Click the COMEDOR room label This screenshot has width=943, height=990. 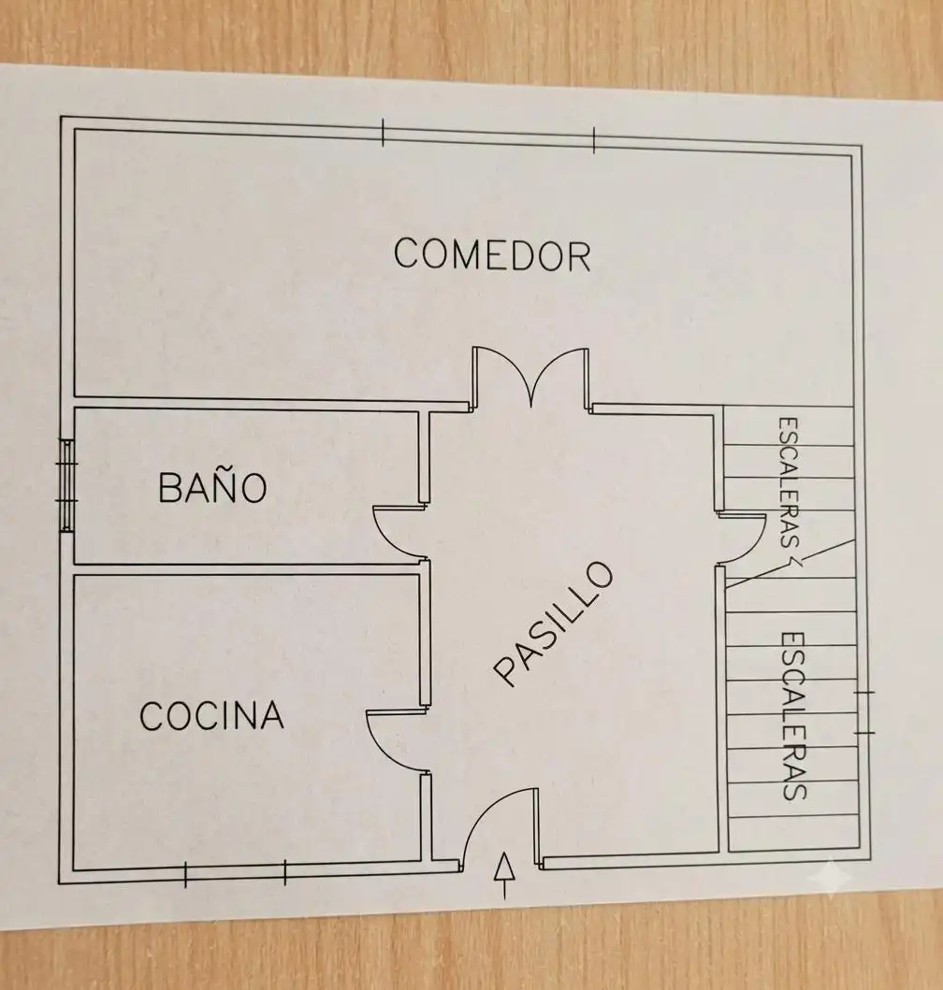point(492,254)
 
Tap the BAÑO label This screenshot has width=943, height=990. point(212,487)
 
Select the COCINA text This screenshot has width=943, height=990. point(211,715)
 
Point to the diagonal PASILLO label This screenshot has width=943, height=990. point(554,624)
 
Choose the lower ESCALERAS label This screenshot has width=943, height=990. point(794,716)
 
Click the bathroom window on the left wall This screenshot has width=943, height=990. point(67,485)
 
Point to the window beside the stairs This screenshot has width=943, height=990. point(864,713)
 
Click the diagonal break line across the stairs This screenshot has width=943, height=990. point(791,563)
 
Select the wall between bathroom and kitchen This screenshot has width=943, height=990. point(246,568)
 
